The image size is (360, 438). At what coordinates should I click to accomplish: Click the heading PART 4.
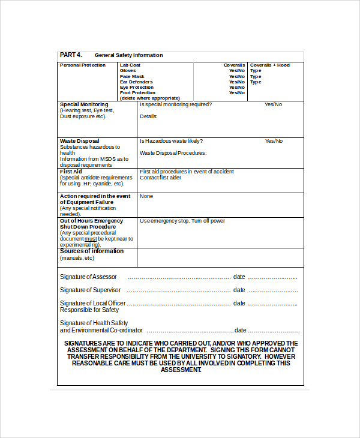click(x=71, y=55)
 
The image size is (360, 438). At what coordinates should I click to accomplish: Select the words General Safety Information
click(x=128, y=55)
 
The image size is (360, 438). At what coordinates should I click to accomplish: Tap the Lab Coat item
click(x=130, y=65)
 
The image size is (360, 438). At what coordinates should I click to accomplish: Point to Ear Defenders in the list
click(x=136, y=82)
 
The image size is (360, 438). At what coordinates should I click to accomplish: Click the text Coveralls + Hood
click(x=269, y=65)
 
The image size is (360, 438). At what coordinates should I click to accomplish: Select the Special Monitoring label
click(x=84, y=104)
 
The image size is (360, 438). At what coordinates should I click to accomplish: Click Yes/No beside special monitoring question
click(x=274, y=104)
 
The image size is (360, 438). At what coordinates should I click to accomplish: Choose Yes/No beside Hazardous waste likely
click(x=274, y=141)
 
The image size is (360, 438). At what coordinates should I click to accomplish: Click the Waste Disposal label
click(x=80, y=141)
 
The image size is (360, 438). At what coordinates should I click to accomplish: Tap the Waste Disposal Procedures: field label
click(x=173, y=153)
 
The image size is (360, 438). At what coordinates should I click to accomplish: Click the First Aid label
click(x=71, y=172)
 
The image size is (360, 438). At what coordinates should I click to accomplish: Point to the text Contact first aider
click(x=160, y=178)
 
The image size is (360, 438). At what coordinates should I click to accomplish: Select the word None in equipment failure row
click(x=146, y=196)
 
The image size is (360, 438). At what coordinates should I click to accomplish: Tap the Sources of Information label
click(x=92, y=251)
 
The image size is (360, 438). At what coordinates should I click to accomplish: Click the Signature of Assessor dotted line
click(x=179, y=277)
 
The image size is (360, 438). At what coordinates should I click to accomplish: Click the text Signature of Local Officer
click(x=92, y=304)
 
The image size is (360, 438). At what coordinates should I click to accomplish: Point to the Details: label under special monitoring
click(x=149, y=116)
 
